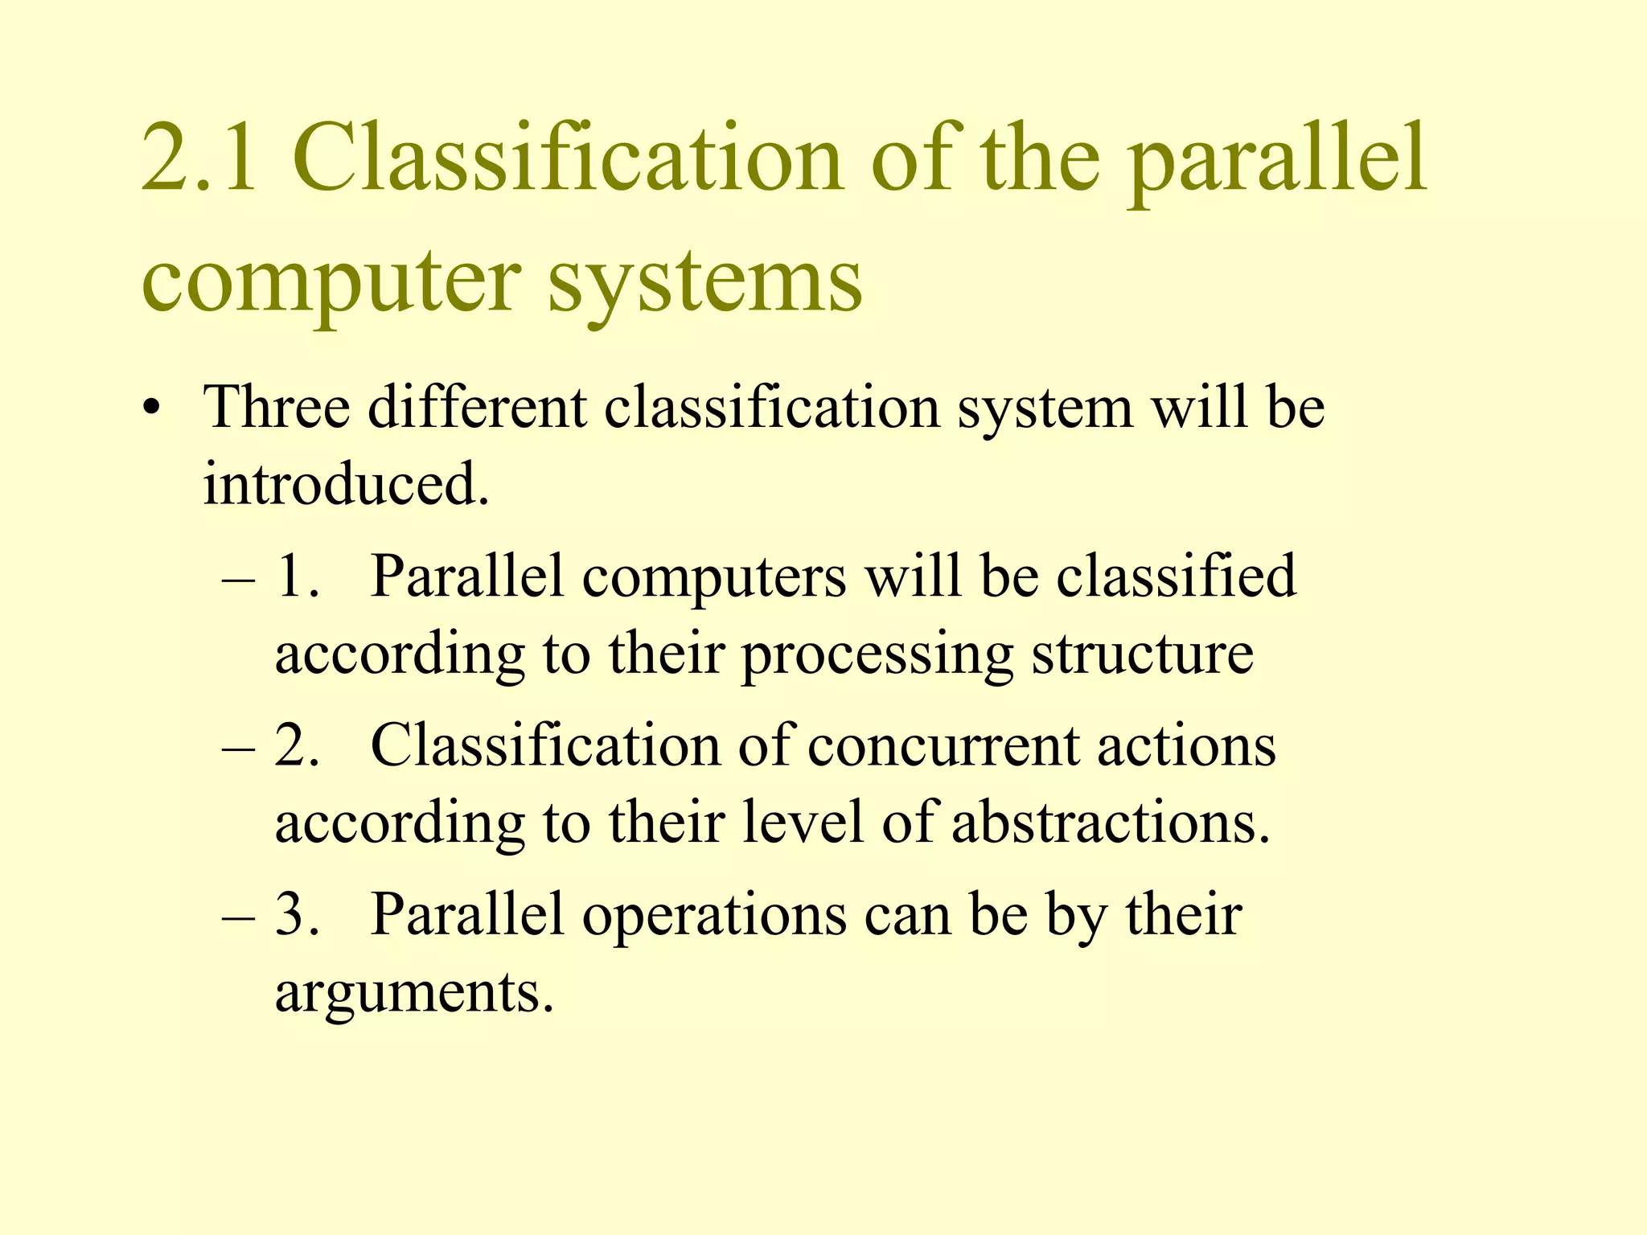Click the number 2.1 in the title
200,158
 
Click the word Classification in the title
568,158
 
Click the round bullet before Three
150,409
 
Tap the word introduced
346,484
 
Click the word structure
1142,653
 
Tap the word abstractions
1111,823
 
